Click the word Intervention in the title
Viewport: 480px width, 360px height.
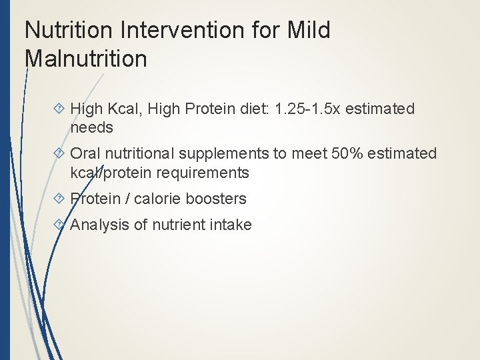(177, 31)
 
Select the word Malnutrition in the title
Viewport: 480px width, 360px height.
(85, 59)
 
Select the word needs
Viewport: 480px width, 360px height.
(91, 127)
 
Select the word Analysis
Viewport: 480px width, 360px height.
(99, 225)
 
